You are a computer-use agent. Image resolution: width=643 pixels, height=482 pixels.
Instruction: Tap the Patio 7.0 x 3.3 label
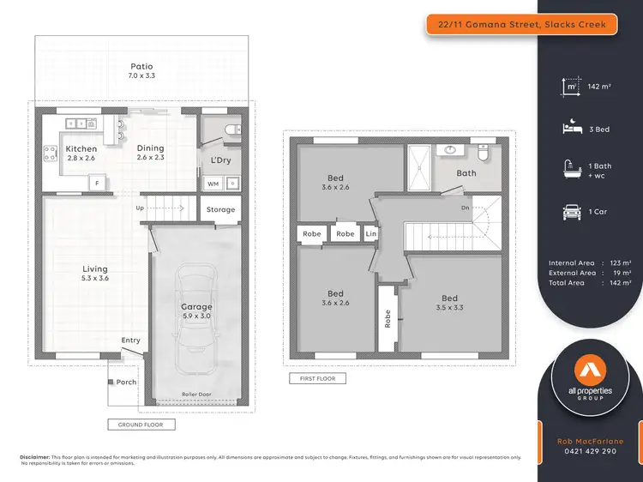click(142, 70)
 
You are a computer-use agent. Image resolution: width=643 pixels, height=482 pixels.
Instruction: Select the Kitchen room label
click(81, 154)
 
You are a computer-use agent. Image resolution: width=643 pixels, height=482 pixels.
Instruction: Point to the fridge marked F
click(98, 183)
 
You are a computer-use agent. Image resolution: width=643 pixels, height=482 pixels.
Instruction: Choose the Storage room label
click(220, 209)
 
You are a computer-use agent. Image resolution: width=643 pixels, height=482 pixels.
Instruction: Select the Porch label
click(127, 383)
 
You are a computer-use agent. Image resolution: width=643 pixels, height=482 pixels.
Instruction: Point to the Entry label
click(130, 340)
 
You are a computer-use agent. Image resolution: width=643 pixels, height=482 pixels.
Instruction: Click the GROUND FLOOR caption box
click(141, 424)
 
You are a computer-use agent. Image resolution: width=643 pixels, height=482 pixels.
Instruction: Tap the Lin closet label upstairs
click(370, 233)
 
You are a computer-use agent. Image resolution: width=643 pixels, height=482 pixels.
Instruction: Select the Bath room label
click(466, 173)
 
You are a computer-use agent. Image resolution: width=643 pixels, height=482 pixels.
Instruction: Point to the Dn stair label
click(465, 208)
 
